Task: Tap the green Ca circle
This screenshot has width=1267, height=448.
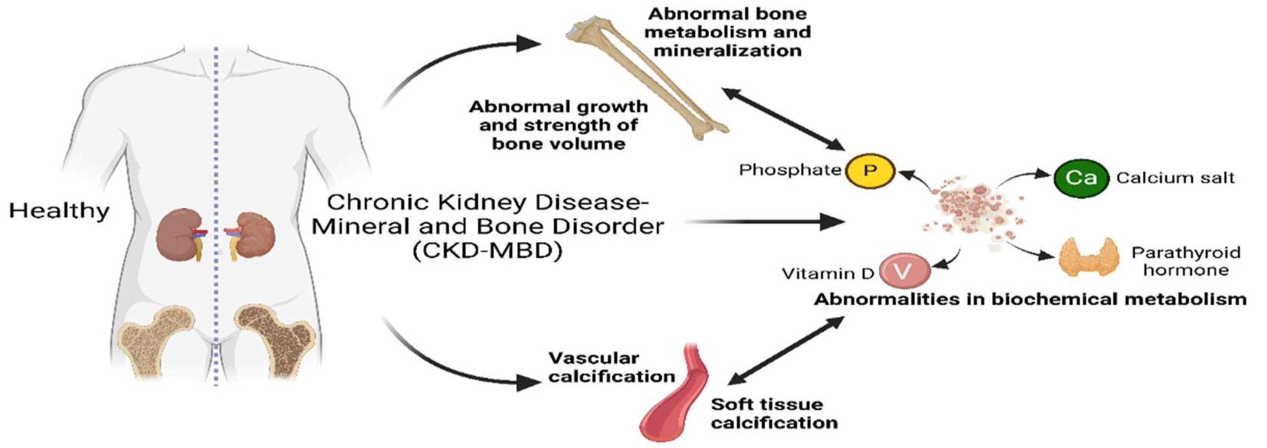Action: [x=1081, y=178]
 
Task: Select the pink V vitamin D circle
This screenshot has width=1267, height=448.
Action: [x=904, y=270]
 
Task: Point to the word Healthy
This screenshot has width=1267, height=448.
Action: [x=59, y=211]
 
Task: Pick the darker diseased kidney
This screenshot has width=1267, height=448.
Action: [x=254, y=235]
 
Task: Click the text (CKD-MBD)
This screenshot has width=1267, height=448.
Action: [x=487, y=251]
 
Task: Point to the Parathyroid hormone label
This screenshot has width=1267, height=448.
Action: [x=1185, y=261]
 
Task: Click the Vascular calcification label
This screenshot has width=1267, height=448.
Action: [x=611, y=367]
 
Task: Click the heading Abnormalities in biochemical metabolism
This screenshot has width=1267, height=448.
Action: [x=1030, y=299]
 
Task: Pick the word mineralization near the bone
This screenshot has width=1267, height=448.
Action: [x=728, y=51]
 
